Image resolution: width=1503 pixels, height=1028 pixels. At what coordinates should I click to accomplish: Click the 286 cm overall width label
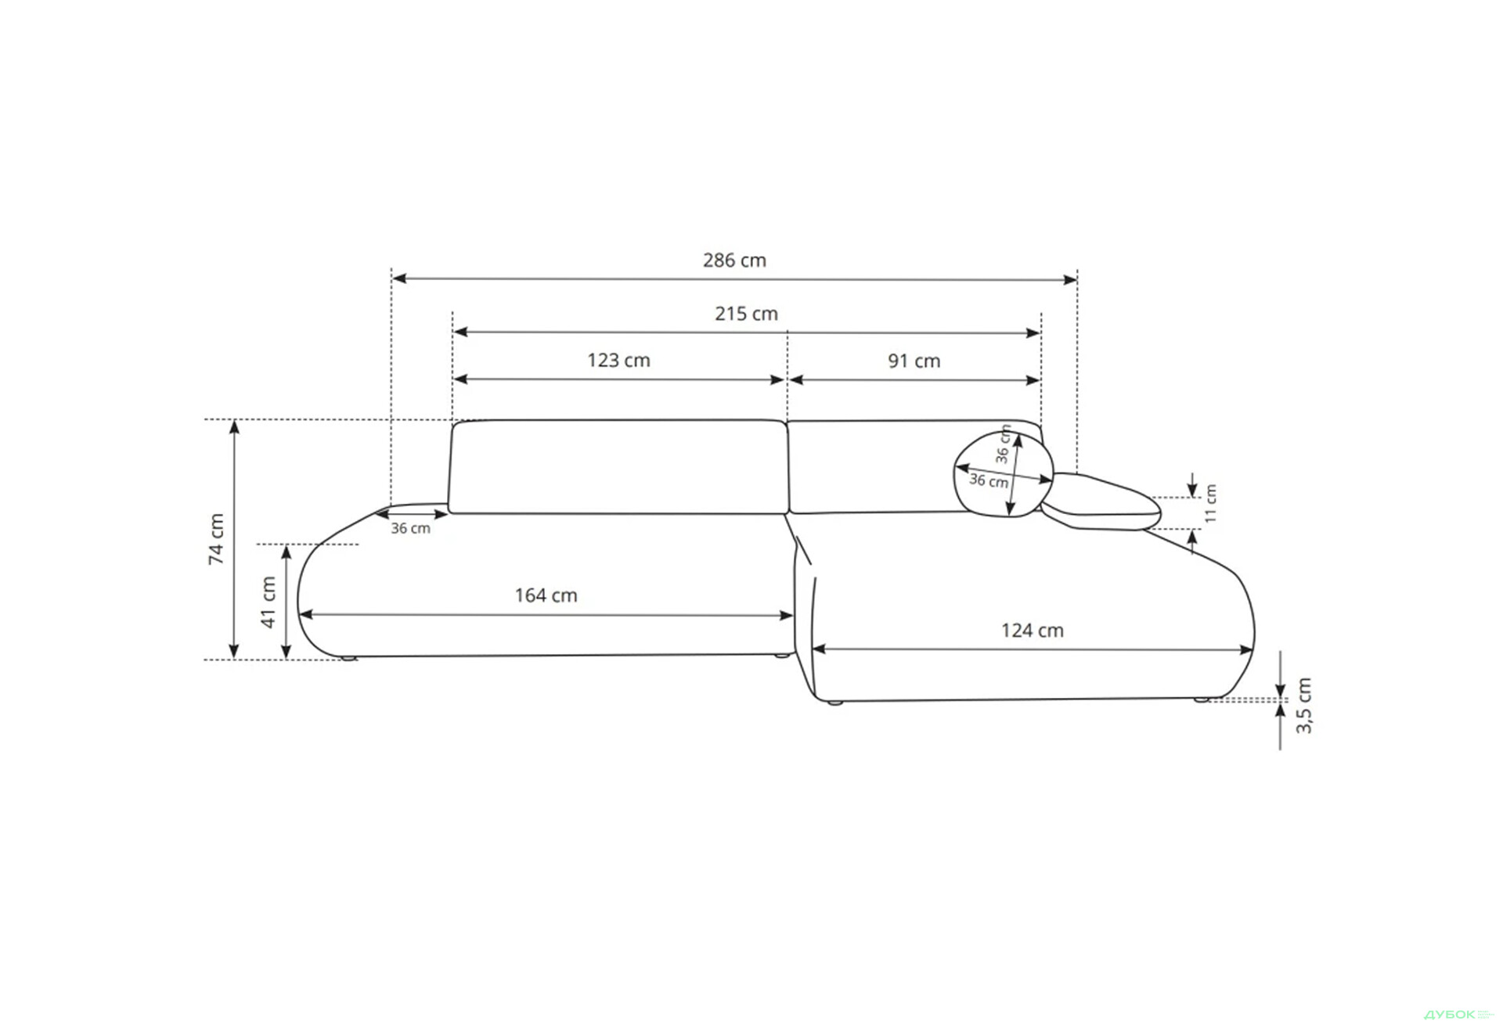734,261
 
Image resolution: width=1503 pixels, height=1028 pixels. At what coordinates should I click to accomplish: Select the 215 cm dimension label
746,314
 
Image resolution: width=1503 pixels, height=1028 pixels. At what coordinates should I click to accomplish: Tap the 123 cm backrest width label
618,361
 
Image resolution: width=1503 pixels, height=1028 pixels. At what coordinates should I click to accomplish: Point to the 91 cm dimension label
914,361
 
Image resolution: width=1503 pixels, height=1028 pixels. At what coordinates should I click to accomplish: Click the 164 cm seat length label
546,595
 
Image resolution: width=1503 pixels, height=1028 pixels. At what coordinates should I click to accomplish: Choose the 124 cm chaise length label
1032,631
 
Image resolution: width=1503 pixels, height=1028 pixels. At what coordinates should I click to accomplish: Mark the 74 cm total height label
217,539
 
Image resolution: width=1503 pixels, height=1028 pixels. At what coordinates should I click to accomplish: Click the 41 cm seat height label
269,602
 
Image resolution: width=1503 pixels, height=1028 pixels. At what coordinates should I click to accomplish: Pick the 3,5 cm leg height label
1303,706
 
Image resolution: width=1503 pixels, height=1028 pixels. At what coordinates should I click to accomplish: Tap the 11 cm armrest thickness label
1211,503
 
